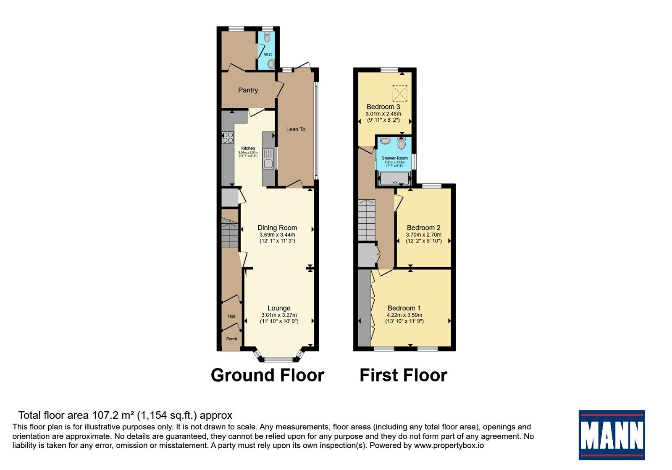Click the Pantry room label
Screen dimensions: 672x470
(x=248, y=90)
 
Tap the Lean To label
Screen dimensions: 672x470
(x=296, y=129)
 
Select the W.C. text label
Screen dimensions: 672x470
(x=268, y=55)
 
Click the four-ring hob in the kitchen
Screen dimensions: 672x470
(x=228, y=138)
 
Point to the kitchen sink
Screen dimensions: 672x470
(x=268, y=159)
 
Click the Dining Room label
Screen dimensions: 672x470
(x=277, y=228)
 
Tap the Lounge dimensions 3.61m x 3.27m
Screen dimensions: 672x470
(x=279, y=315)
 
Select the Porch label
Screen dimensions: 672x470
(x=231, y=339)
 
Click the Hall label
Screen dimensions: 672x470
(x=231, y=316)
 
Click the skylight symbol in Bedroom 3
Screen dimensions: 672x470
(x=400, y=93)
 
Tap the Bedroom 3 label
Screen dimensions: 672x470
(x=383, y=107)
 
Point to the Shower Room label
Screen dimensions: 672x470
(x=394, y=158)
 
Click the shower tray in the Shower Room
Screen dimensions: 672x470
(x=395, y=179)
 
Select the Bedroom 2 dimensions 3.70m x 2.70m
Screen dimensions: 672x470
(x=424, y=235)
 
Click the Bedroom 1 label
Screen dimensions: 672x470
(x=404, y=308)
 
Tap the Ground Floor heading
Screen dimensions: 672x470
(x=267, y=375)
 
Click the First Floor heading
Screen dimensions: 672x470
(x=403, y=375)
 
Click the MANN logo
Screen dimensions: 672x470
(x=612, y=435)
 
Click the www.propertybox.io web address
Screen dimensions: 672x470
(x=449, y=445)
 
